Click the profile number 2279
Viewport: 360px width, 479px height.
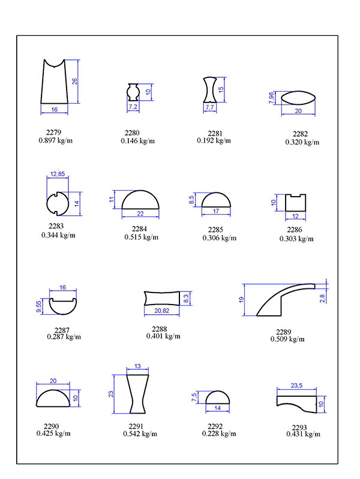pyautogui.click(x=53, y=132)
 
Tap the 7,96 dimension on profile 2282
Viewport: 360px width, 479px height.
pyautogui.click(x=272, y=97)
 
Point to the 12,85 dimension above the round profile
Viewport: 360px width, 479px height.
pyautogui.click(x=58, y=174)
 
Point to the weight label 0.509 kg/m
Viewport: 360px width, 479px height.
pyautogui.click(x=287, y=339)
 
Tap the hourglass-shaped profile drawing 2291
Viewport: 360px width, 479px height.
pyautogui.click(x=138, y=393)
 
